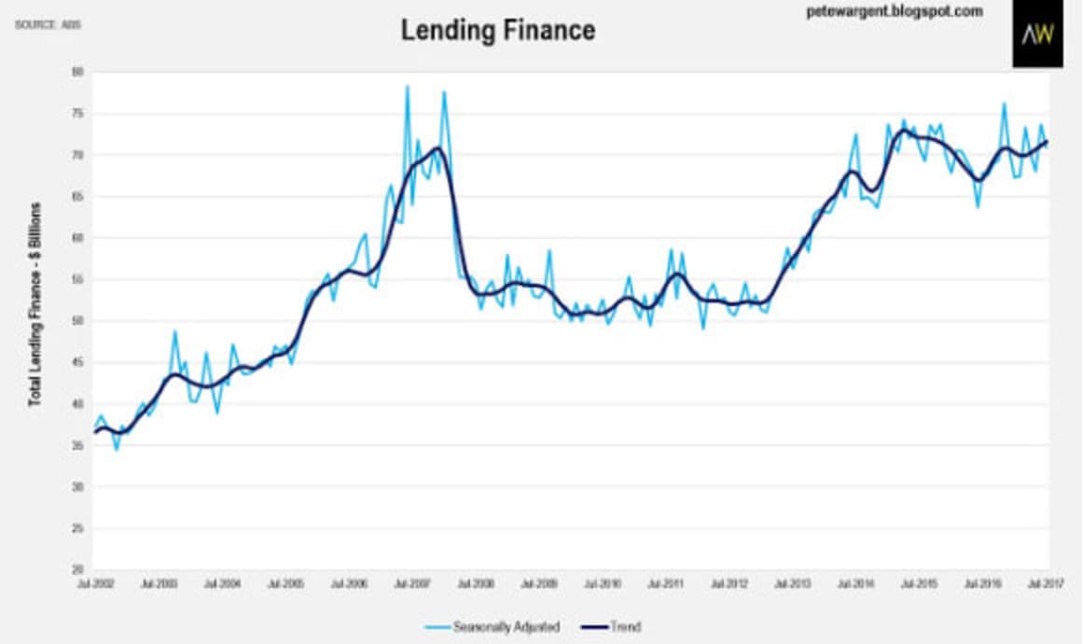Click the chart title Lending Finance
coord(497,30)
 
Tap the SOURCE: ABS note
coord(49,24)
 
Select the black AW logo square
coord(1037,35)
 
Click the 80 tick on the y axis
coord(77,72)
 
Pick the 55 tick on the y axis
coord(77,280)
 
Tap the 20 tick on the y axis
coord(77,570)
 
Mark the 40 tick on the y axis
coord(77,404)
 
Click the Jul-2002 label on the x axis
coord(94,583)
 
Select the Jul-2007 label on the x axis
coord(412,583)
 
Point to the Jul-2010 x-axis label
coord(603,583)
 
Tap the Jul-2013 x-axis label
coord(794,583)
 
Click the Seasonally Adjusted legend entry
coord(504,626)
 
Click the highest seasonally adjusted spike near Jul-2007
coord(408,86)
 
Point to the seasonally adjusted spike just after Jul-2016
coord(1004,104)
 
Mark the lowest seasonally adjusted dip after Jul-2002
coord(117,449)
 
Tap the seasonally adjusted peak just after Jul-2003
coord(174,331)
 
